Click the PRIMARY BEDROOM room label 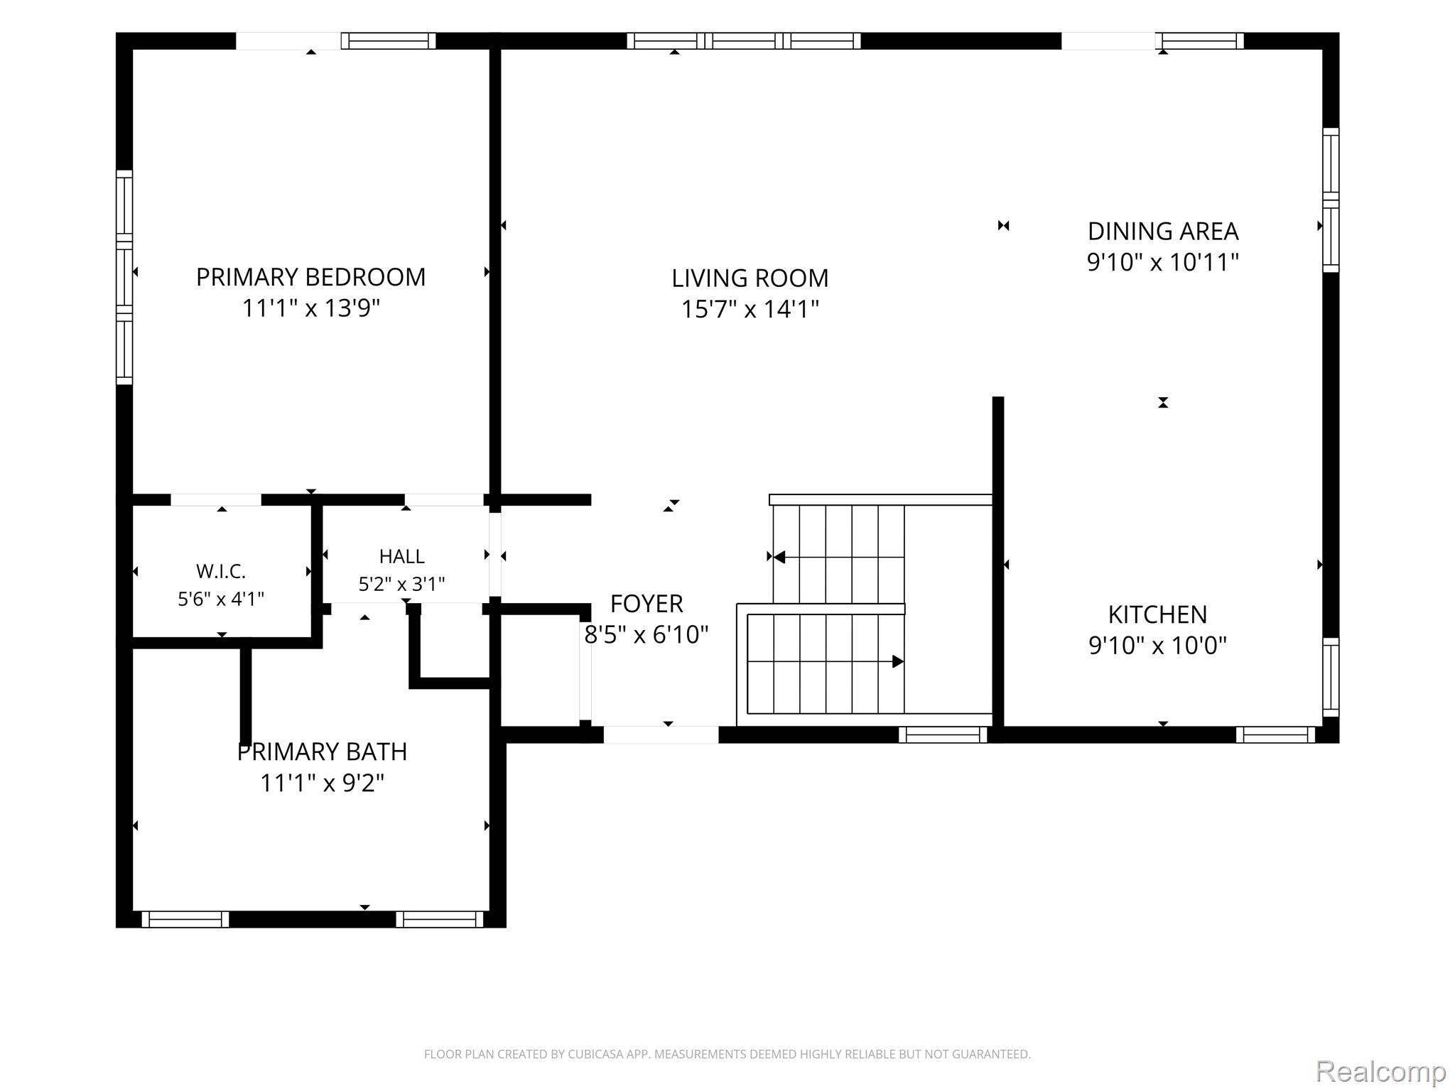[x=310, y=277]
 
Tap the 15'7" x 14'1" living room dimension [x=750, y=309]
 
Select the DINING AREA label [x=1163, y=231]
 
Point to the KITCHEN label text [x=1157, y=614]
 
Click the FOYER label [x=647, y=604]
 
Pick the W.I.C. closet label [x=221, y=571]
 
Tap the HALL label [x=402, y=556]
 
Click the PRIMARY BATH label [x=322, y=751]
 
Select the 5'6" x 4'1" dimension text [x=221, y=599]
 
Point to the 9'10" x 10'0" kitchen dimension [x=1158, y=646]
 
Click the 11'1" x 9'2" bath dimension [x=322, y=783]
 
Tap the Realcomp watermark [x=1380, y=1070]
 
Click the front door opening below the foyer [x=661, y=734]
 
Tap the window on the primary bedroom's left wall [x=124, y=278]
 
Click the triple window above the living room [x=744, y=41]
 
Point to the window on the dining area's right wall [x=1331, y=200]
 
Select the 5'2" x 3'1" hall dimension [x=402, y=584]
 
